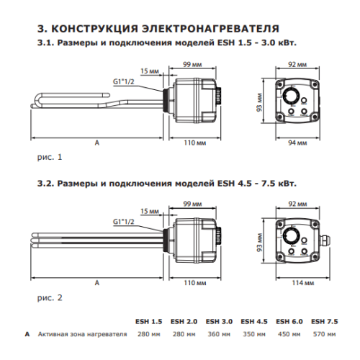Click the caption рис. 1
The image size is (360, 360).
click(x=50, y=156)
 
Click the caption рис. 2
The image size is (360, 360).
click(x=50, y=296)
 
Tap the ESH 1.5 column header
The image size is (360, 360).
click(x=148, y=321)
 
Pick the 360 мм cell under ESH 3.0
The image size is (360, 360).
click(x=218, y=334)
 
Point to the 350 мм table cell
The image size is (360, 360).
click(x=253, y=334)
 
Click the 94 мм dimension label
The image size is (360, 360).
click(x=296, y=143)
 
